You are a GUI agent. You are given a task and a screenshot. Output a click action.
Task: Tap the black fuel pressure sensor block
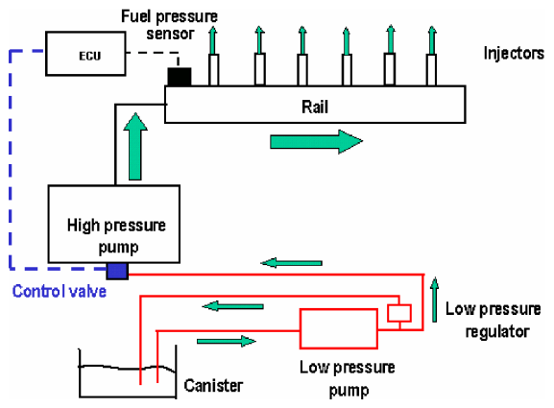pyautogui.click(x=180, y=77)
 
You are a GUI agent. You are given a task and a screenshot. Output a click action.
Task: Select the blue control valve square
pyautogui.click(x=117, y=271)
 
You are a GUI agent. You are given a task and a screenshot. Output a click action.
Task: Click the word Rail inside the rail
pyautogui.click(x=315, y=107)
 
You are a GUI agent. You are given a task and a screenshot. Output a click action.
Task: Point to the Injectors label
pyautogui.click(x=514, y=54)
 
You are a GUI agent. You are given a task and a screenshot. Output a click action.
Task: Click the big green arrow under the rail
pyautogui.click(x=316, y=142)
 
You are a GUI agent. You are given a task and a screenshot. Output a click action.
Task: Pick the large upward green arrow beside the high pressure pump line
pyautogui.click(x=135, y=146)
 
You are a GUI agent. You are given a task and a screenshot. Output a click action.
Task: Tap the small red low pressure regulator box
pyautogui.click(x=399, y=313)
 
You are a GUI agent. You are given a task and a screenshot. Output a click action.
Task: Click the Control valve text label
pyautogui.click(x=60, y=292)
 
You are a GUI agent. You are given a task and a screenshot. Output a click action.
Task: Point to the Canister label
pyautogui.click(x=213, y=385)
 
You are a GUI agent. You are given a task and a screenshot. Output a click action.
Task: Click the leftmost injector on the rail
pyautogui.click(x=213, y=69)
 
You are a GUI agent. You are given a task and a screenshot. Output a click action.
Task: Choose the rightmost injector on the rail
pyautogui.click(x=431, y=69)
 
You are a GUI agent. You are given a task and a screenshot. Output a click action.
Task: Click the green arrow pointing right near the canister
pyautogui.click(x=227, y=341)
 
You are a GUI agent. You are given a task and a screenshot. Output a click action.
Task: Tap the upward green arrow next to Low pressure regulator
pyautogui.click(x=435, y=300)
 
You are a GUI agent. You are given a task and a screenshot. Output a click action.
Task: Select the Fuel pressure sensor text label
pyautogui.click(x=170, y=25)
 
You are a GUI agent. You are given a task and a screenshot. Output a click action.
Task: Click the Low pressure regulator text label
pyautogui.click(x=494, y=320)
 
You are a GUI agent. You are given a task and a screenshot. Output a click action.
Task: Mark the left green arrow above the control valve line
pyautogui.click(x=292, y=263)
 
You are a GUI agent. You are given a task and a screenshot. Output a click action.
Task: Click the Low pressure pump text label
pyautogui.click(x=348, y=378)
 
